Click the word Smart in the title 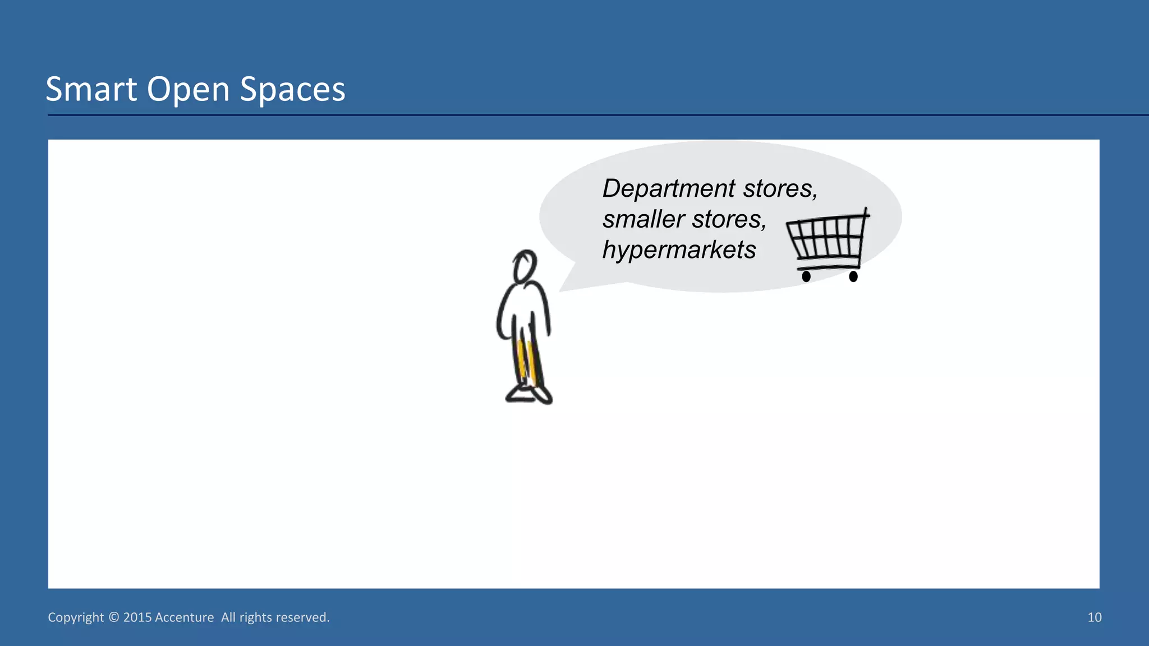pyautogui.click(x=91, y=89)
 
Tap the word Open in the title pyautogui.click(x=189, y=89)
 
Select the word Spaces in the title pyautogui.click(x=292, y=89)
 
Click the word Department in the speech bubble pyautogui.click(x=669, y=189)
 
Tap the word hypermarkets pyautogui.click(x=679, y=250)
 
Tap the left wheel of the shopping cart pyautogui.click(x=806, y=276)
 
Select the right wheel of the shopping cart pyautogui.click(x=853, y=276)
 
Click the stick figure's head pyautogui.click(x=525, y=266)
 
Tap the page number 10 pyautogui.click(x=1095, y=617)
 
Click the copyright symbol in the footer pyautogui.click(x=114, y=617)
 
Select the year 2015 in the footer pyautogui.click(x=137, y=617)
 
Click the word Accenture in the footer pyautogui.click(x=184, y=617)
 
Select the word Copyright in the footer pyautogui.click(x=76, y=617)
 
